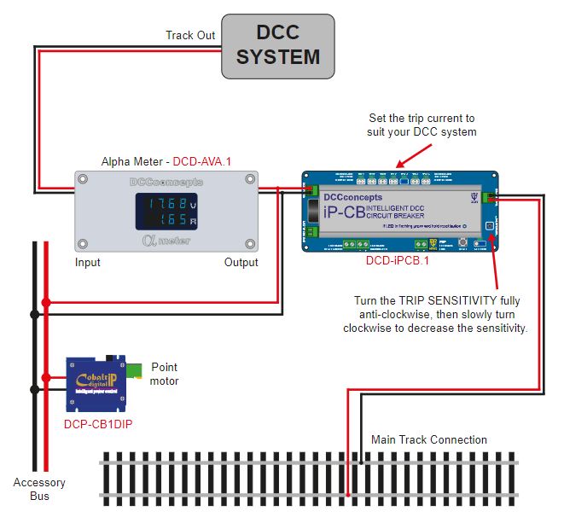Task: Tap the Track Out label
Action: pos(191,35)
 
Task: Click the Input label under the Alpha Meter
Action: pos(87,263)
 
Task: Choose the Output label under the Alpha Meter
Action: pos(241,263)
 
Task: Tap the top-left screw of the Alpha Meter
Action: pos(83,180)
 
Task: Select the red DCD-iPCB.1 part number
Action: pos(397,261)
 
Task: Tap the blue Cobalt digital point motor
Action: pos(97,380)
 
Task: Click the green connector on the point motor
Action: pos(132,369)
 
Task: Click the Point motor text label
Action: pos(165,374)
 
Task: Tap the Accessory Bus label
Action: pos(38,489)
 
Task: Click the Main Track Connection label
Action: pos(429,440)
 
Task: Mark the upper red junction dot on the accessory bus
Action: pos(46,302)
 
